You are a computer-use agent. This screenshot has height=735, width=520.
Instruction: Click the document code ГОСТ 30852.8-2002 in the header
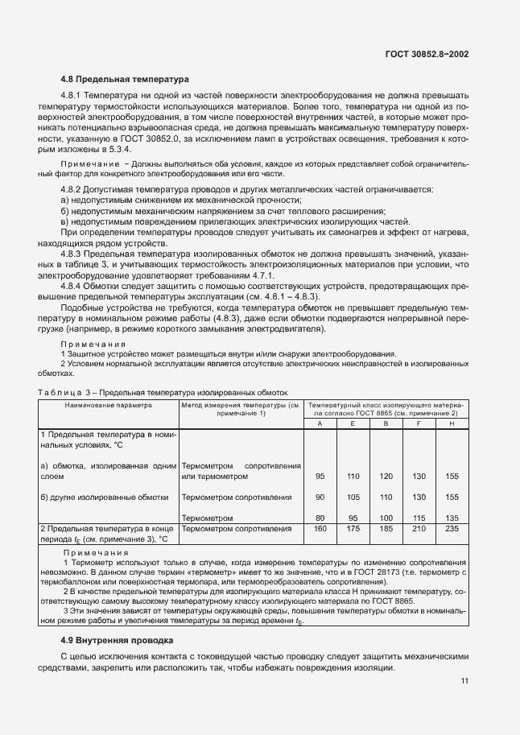(426, 55)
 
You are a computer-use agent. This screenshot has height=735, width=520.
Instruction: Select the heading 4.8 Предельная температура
(125, 79)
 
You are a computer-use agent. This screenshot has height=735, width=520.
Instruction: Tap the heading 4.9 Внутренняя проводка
(117, 641)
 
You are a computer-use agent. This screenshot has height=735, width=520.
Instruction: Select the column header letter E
(352, 423)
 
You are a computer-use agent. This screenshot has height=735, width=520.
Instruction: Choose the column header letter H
(451, 423)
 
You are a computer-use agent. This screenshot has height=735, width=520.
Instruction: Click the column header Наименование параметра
(109, 406)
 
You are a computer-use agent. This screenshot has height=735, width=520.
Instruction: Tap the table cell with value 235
(451, 529)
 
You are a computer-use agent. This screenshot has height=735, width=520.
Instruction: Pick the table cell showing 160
(320, 529)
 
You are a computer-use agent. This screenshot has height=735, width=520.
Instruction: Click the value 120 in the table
(385, 476)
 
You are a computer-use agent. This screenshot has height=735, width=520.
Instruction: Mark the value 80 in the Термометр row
(320, 518)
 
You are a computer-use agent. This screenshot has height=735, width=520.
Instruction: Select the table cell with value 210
(418, 529)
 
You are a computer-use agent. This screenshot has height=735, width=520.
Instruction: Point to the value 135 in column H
(451, 518)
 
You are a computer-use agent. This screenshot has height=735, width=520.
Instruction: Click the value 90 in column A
(320, 497)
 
